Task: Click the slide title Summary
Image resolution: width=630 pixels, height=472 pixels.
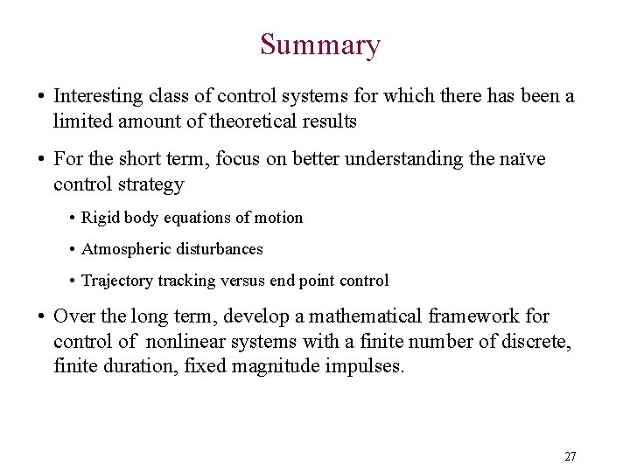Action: (319, 45)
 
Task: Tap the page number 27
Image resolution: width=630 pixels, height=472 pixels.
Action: (570, 456)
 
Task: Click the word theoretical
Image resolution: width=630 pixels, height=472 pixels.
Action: (253, 121)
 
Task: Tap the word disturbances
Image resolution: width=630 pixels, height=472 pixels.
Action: (220, 249)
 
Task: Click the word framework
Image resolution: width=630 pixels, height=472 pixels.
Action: (473, 316)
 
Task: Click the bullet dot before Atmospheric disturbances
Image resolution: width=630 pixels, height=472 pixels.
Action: (71, 250)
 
